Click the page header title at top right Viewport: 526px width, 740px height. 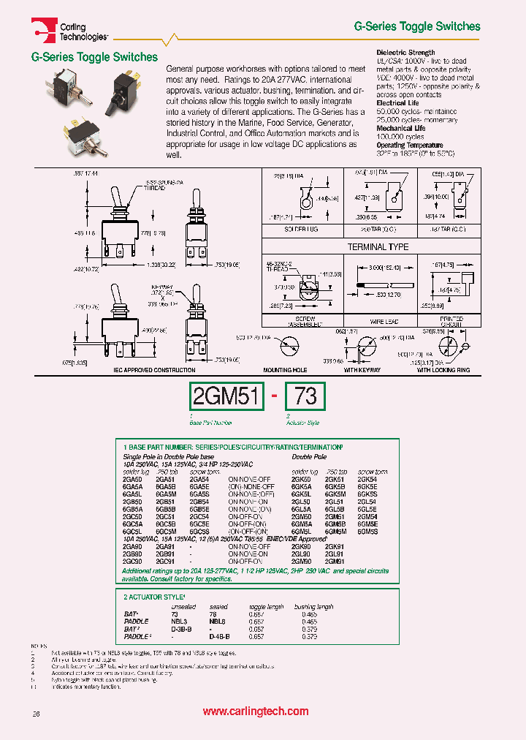(417, 26)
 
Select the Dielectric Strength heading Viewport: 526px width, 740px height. (405, 53)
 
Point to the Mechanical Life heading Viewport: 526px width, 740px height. (401, 128)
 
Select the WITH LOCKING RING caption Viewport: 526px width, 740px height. (443, 371)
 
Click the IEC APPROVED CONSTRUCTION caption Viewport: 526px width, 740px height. (153, 371)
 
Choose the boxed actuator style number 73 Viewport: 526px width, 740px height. (305, 397)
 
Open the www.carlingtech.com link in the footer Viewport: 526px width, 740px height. (255, 711)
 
